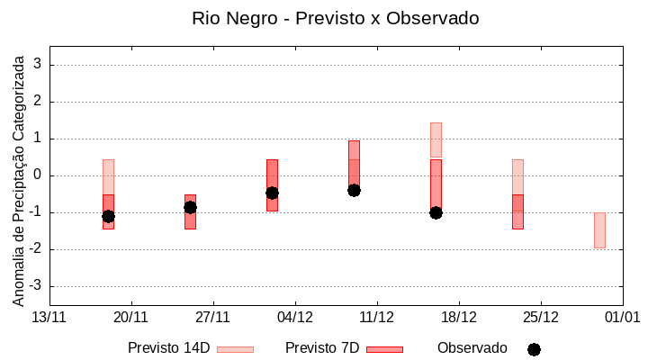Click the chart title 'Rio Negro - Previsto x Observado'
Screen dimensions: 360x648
pos(336,18)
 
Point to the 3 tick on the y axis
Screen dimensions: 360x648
pos(38,65)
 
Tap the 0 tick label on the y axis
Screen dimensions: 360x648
pos(38,175)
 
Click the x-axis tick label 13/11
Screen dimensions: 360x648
pos(49,317)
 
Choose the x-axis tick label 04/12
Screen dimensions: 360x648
pos(295,317)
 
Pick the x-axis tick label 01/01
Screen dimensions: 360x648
pos(622,317)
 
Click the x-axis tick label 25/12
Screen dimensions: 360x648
pos(540,317)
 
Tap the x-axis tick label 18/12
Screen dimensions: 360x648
pos(458,317)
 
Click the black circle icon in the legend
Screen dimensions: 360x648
pos(534,349)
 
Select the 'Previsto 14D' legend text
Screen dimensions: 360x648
pos(168,348)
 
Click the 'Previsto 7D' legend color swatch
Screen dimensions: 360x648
pos(384,349)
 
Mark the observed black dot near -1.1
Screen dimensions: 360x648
pos(108,216)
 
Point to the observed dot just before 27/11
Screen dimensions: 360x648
pos(190,207)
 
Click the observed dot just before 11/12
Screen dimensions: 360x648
pos(354,190)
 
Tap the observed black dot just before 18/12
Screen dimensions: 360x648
pos(436,212)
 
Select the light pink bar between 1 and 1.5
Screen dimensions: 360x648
pos(436,139)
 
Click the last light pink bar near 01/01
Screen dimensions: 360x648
pos(599,230)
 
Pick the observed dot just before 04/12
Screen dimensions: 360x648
pos(272,193)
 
